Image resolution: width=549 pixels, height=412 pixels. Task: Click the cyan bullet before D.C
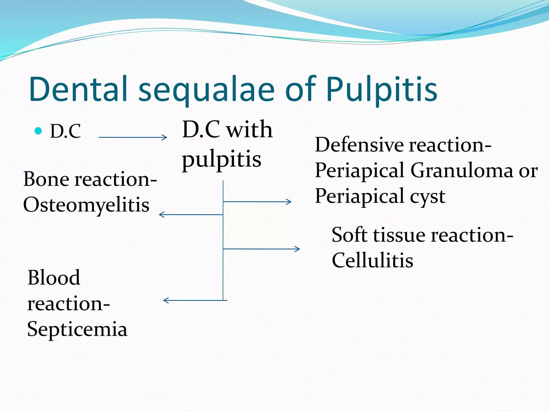tap(39, 131)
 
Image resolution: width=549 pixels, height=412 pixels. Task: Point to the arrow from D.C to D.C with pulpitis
tap(133, 137)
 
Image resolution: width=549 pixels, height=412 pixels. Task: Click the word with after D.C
tap(249, 130)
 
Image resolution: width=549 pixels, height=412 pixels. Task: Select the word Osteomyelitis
tap(86, 205)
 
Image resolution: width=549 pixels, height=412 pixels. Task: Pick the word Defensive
tap(359, 145)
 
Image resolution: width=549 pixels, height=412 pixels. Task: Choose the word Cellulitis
tap(372, 260)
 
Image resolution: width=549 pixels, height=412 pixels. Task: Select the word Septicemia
tap(77, 329)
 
